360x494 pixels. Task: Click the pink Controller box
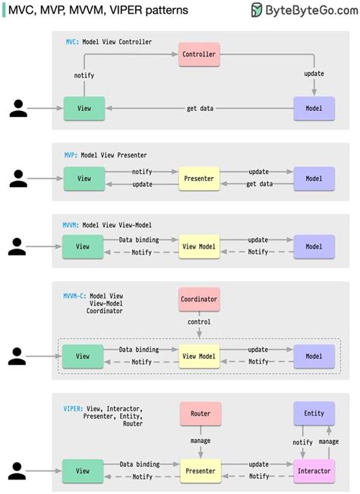pos(199,54)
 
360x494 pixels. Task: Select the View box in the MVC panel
pos(84,109)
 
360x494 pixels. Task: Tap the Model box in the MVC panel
pos(314,109)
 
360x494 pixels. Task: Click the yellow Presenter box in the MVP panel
pos(199,179)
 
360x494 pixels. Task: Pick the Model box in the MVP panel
pos(314,179)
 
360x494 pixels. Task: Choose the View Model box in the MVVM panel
pos(199,247)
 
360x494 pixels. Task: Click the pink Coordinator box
pos(199,299)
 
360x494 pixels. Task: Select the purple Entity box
pos(314,414)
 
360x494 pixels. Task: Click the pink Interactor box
pos(314,470)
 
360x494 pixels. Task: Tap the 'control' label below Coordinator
pos(199,322)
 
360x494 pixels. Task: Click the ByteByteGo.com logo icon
pos(257,10)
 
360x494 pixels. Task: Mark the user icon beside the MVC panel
pos(18,109)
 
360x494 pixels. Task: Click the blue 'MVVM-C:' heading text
pos(74,296)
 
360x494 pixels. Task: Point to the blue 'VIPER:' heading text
pos(73,409)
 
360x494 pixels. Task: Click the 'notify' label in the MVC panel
pos(84,76)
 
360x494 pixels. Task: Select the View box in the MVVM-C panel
pos(84,356)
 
